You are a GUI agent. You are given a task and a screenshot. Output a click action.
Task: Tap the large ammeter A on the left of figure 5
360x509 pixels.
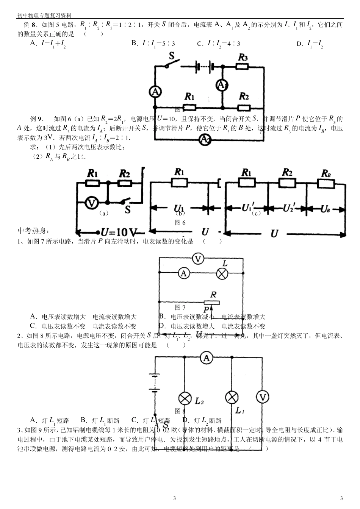tap(155, 91)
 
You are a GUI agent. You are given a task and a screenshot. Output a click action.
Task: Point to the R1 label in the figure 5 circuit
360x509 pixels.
tap(189, 95)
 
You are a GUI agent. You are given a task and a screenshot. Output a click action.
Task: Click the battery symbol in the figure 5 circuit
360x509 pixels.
tap(205, 67)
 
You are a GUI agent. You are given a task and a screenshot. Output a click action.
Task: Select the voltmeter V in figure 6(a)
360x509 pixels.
tap(91, 203)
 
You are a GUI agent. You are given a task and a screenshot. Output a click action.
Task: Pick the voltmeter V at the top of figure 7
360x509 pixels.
tap(197, 259)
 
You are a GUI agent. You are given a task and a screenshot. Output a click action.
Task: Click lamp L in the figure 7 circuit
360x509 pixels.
tap(222, 273)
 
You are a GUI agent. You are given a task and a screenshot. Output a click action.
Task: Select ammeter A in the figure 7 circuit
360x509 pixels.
tap(184, 273)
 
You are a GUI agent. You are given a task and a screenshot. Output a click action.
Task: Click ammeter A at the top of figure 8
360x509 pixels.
tap(205, 358)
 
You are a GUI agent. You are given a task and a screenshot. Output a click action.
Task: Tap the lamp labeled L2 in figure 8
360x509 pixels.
tap(185, 398)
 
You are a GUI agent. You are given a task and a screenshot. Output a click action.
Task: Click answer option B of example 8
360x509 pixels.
tap(153, 44)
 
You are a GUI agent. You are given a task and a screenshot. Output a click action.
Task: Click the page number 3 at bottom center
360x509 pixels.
tap(174, 498)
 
